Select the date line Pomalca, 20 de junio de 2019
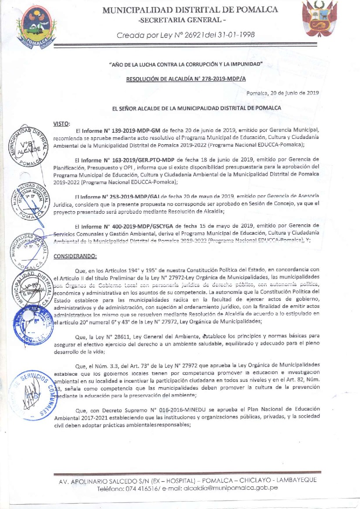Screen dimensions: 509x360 [282, 93]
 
